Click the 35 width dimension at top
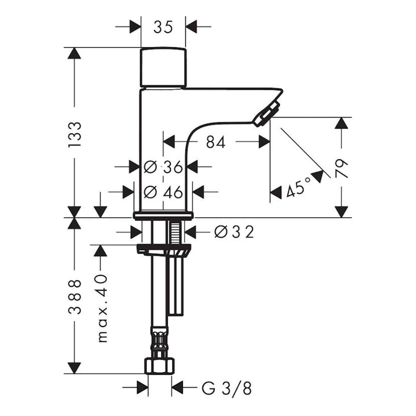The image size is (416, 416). tap(163, 27)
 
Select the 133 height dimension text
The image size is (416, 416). tap(74, 134)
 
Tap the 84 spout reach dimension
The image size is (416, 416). tap(216, 142)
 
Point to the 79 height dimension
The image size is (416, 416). tap(342, 169)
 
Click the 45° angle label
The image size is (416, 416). tap(298, 189)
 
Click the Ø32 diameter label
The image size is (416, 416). tap(234, 232)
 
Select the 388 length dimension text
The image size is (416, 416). tap(74, 296)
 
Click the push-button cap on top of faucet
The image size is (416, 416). tap(163, 67)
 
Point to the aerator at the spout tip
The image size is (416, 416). tap(266, 114)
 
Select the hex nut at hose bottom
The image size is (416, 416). tap(160, 365)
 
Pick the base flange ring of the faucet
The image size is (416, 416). tap(163, 216)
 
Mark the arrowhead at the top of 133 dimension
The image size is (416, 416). tap(74, 53)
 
